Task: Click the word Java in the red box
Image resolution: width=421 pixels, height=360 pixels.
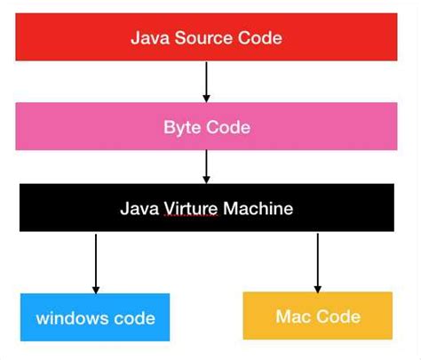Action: (147, 37)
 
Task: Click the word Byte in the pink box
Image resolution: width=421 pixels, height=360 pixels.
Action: (182, 127)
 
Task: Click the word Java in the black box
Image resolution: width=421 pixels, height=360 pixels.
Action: (138, 210)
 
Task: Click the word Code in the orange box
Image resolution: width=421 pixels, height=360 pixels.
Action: (338, 316)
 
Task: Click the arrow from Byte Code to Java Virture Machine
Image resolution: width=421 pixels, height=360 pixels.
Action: (206, 165)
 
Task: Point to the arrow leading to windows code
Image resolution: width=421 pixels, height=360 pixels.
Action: (96, 262)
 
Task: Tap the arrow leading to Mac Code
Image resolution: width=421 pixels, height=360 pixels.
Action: (317, 261)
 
